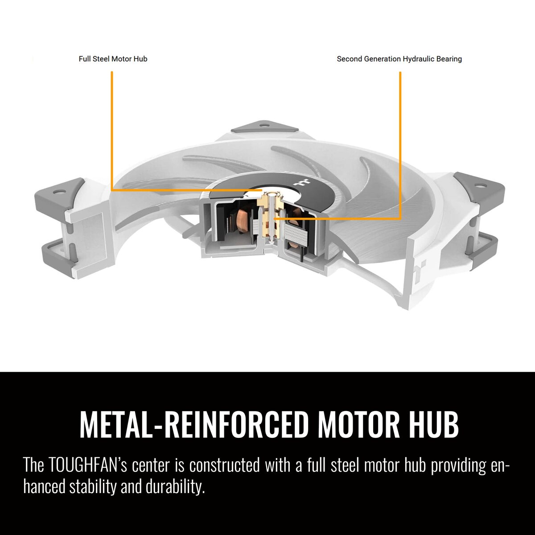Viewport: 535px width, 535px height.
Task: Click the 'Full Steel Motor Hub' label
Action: (113, 59)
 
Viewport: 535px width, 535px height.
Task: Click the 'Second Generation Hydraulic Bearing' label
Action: (399, 59)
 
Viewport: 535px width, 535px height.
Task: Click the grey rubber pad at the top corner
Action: (264, 126)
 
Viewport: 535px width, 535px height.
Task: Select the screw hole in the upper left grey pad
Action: (58, 191)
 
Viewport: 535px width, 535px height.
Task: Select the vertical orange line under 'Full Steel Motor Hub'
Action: (111, 131)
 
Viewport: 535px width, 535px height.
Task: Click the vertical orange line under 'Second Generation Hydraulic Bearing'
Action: (400, 145)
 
